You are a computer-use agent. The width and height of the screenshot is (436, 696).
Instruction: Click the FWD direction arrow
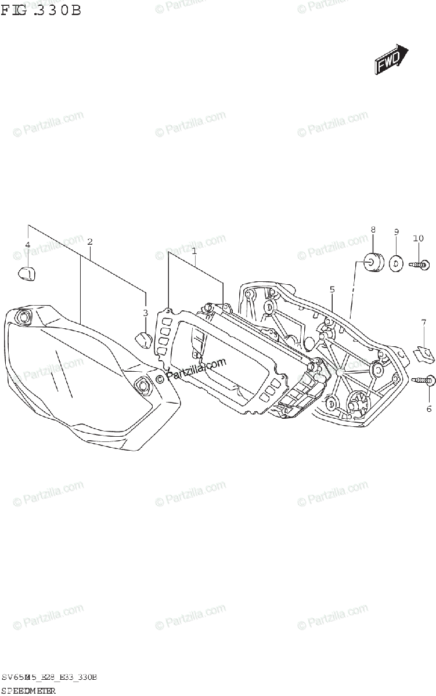pos(390,60)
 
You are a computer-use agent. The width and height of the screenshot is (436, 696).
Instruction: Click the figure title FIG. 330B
pos(41,10)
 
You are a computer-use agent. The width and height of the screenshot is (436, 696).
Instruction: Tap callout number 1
pos(194,252)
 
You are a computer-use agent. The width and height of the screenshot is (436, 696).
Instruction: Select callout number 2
pos(90,241)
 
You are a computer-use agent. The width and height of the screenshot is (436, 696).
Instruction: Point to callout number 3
pos(146,313)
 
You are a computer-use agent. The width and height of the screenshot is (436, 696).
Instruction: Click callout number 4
pos(27,246)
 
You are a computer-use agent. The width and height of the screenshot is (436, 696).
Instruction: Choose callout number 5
pos(332,289)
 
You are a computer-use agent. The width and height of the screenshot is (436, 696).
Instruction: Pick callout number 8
pos(373,230)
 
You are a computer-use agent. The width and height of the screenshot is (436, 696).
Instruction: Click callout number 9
pos(396,232)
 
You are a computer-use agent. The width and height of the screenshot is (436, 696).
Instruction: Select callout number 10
pos(419,238)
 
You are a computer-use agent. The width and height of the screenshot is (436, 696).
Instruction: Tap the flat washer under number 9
pos(395,264)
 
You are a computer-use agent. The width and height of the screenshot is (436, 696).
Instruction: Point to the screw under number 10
pos(420,264)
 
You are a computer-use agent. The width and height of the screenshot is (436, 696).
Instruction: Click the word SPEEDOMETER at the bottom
pos(29,690)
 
